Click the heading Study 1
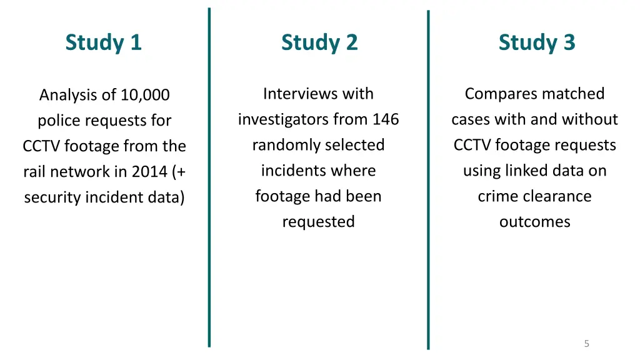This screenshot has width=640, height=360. pos(104,42)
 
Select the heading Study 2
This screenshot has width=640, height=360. pos(319,42)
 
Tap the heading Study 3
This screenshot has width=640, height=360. pos(536,42)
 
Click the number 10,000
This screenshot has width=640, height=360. pos(145,96)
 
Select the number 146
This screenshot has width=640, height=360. pos(386,119)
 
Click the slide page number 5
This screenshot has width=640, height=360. pos(586,343)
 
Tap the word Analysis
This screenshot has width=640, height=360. pos(69,96)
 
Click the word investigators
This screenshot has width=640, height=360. pos(284,119)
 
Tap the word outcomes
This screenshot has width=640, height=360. pos(534,222)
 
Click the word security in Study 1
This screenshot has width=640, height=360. pos(51,197)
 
